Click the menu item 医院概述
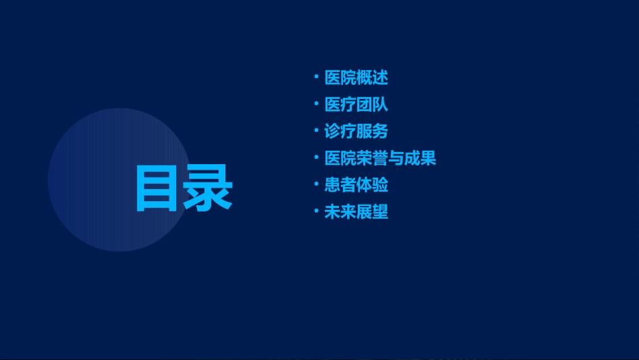(x=356, y=78)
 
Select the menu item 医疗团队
(x=356, y=105)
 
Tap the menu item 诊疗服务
(x=356, y=132)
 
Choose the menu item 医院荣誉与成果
(x=380, y=159)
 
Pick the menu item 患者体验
(x=356, y=186)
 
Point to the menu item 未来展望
(x=356, y=213)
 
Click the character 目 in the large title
(x=159, y=188)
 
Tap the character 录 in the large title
(x=209, y=188)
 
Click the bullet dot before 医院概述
(x=316, y=77)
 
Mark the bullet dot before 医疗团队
(x=316, y=104)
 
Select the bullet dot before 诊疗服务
(x=316, y=131)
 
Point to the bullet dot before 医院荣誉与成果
(x=316, y=157)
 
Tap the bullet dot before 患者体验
(x=316, y=184)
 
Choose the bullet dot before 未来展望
(x=316, y=211)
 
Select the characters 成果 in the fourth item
(x=420, y=159)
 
